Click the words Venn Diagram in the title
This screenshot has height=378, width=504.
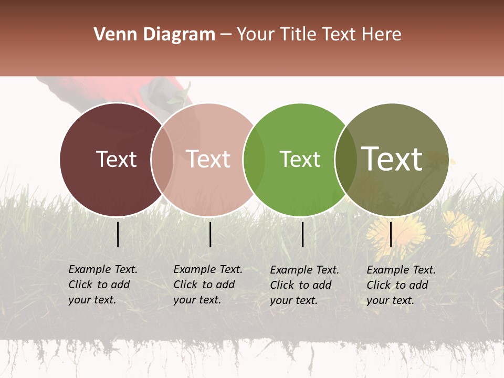click(154, 35)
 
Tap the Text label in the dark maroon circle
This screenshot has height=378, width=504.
click(116, 159)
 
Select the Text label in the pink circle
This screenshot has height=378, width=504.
click(208, 159)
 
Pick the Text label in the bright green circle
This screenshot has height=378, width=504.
click(300, 159)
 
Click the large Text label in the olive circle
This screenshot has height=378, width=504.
click(392, 159)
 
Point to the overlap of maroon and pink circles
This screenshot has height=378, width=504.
click(162, 160)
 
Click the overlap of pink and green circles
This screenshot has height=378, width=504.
click(254, 160)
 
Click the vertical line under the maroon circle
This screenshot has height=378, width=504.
click(118, 234)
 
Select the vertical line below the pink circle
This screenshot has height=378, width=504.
click(210, 234)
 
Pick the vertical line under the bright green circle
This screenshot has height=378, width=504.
click(302, 234)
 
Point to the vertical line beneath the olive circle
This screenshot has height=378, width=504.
click(391, 234)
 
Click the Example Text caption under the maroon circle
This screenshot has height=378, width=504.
click(103, 285)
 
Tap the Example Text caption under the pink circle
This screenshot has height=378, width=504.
click(208, 285)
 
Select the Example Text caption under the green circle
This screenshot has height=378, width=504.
click(304, 285)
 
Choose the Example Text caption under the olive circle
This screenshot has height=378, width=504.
click(401, 285)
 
